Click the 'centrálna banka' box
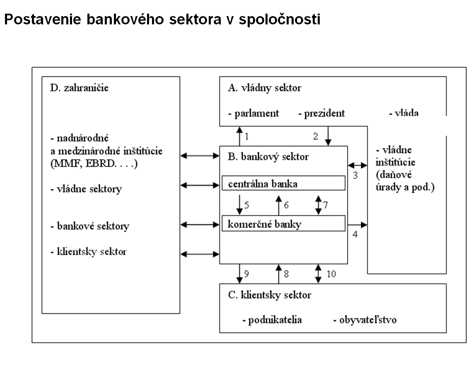(283, 183)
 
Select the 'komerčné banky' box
(283, 224)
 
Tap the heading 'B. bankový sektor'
(268, 157)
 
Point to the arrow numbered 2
(328, 136)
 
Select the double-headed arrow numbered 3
(357, 165)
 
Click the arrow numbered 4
(357, 225)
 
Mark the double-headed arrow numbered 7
(318, 204)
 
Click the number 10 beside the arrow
(331, 273)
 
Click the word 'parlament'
(256, 113)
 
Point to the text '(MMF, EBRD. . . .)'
(94, 163)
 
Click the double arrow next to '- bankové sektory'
(200, 225)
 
